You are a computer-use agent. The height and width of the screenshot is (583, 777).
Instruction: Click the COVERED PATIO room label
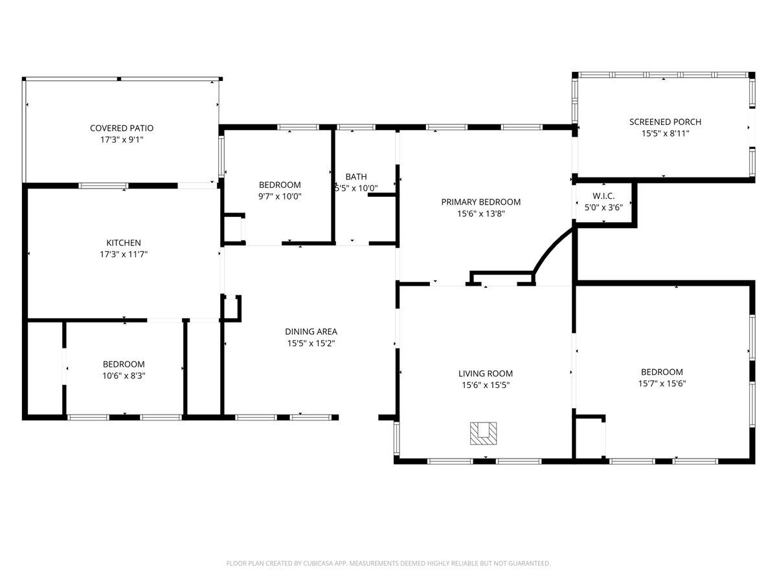tap(122, 128)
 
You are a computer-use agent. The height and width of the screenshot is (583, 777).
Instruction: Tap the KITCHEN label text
tap(124, 243)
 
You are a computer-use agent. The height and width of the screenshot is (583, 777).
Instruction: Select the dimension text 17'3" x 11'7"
tap(124, 255)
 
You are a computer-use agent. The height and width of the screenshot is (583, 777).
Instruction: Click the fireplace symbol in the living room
tap(484, 433)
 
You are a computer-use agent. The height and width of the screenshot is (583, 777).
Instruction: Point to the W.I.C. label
tap(603, 196)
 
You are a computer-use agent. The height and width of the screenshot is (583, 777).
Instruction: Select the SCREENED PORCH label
tap(665, 122)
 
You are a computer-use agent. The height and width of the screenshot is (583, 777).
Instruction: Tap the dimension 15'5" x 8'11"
tap(665, 133)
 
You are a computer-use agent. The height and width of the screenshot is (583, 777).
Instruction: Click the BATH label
tap(355, 176)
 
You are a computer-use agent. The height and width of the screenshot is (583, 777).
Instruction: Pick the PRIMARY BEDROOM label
tap(480, 201)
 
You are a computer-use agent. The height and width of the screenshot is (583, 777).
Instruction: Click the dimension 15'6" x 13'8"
tap(480, 213)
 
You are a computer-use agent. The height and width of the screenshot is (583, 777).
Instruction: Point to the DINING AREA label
tap(311, 332)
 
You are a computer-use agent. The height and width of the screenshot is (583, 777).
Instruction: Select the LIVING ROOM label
tap(485, 373)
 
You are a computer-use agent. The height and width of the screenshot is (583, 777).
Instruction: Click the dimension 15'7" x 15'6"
tap(662, 383)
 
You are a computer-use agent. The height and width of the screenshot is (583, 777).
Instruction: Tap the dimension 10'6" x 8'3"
tap(124, 376)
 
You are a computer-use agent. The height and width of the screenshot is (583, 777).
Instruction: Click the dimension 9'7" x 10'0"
tap(280, 196)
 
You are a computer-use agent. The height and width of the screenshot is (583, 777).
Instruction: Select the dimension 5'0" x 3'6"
tap(603, 207)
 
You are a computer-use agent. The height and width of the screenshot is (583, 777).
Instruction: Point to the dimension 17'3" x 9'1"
tap(122, 140)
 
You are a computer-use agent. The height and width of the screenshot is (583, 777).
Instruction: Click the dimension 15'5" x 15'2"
tap(311, 343)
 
